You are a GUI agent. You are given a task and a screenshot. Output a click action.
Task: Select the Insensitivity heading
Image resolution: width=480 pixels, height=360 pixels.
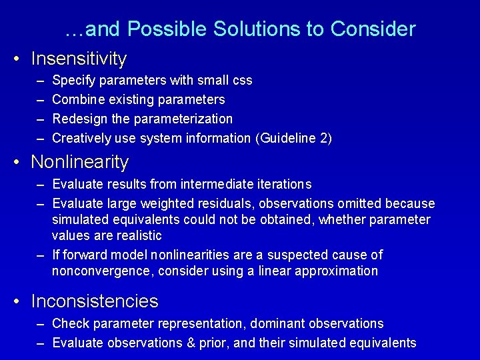79,59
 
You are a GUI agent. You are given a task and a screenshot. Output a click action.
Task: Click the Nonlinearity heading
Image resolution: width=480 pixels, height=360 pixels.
80,162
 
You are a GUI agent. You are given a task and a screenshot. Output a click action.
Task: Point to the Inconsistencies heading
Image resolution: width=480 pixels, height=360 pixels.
95,301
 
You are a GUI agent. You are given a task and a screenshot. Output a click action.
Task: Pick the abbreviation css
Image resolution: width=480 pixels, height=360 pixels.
243,81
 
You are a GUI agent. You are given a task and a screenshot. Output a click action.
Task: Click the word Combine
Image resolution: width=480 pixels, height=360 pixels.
73,100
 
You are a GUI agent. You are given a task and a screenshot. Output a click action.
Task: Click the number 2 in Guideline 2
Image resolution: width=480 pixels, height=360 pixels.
323,139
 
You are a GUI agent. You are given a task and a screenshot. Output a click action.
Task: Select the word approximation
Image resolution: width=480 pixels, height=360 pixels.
341,271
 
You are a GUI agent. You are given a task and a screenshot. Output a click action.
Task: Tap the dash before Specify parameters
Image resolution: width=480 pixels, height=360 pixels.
40,81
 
